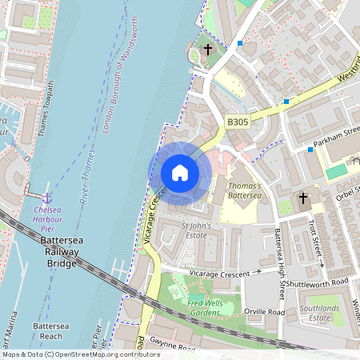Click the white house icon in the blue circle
click(180, 173)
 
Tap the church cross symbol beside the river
click(208, 50)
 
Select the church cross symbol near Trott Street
click(303, 198)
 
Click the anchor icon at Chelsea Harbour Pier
click(46, 197)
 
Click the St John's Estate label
click(196, 230)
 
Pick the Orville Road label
click(266, 311)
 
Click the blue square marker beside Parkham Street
click(310, 150)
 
